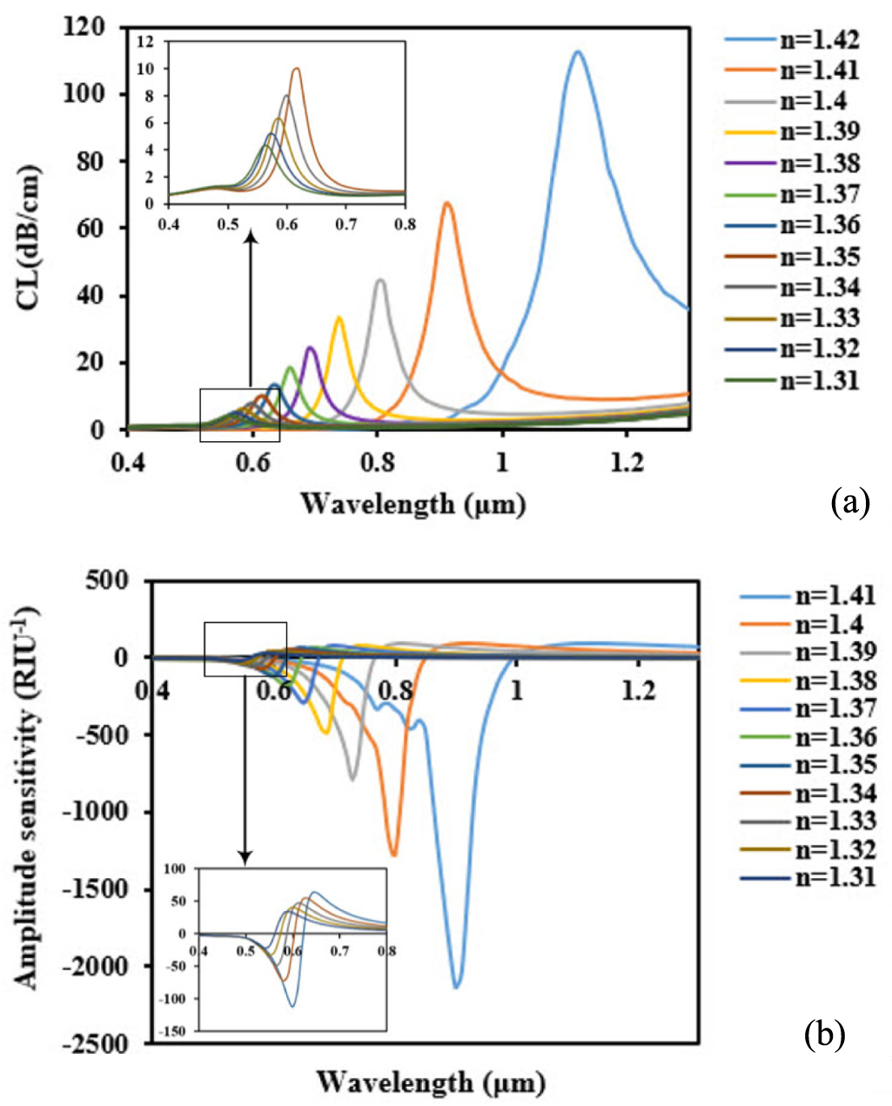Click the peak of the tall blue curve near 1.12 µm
tap(576, 52)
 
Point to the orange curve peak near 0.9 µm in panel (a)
tap(447, 204)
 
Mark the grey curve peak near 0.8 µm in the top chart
tap(380, 280)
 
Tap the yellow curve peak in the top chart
tap(339, 318)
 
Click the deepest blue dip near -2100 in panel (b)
tap(456, 986)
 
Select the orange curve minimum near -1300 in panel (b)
tap(394, 855)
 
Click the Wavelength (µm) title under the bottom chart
tap(430, 1082)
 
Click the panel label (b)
tap(824, 1033)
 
